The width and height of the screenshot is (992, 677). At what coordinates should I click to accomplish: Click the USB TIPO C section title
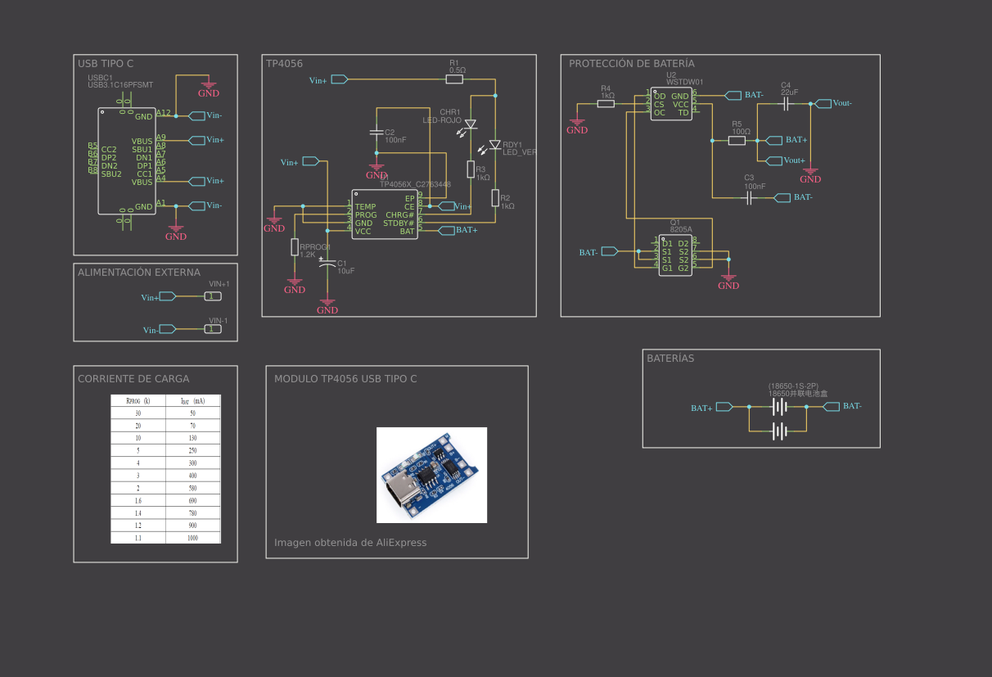pos(106,63)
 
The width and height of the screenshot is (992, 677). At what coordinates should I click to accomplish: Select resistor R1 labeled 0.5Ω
pos(454,79)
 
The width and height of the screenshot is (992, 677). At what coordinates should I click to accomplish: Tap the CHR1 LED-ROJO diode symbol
pos(471,125)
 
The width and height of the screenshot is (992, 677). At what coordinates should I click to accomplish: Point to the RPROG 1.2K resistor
pos(295,247)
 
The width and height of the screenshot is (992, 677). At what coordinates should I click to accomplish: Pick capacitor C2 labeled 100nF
pos(377,131)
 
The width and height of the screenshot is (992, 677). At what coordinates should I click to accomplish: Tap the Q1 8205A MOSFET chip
pos(675,255)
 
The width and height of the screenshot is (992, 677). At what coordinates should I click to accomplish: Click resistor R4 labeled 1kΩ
pos(606,104)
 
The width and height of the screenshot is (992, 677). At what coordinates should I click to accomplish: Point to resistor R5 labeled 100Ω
pos(737,141)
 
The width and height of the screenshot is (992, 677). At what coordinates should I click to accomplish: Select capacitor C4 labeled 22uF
pos(786,104)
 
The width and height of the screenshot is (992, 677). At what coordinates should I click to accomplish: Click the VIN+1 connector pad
pos(213,296)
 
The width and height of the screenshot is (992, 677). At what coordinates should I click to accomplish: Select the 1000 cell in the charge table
pos(192,538)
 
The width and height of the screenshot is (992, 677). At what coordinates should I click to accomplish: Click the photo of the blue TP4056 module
pos(431,475)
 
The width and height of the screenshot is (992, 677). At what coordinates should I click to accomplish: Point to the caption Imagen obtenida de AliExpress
pos(350,543)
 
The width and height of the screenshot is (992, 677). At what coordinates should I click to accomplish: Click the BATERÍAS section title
pos(670,359)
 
